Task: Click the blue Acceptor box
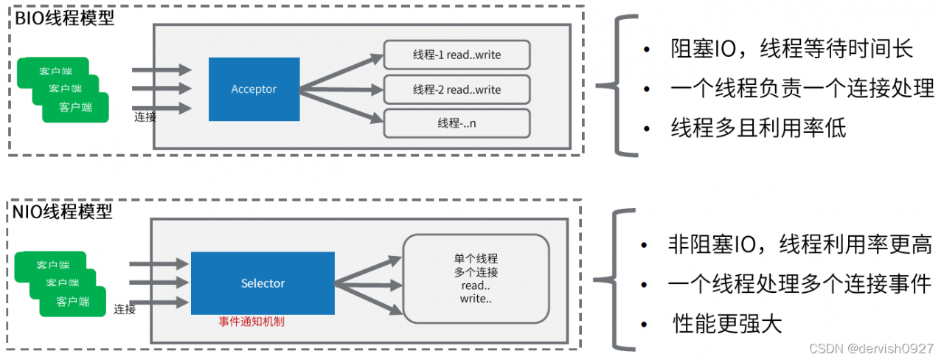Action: (x=254, y=89)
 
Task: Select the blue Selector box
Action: (x=263, y=283)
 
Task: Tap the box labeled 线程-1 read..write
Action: (x=457, y=55)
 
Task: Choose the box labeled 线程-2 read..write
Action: (x=457, y=89)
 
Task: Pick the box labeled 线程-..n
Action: (x=457, y=123)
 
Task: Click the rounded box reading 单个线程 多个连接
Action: (x=476, y=279)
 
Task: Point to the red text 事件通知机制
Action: (x=251, y=322)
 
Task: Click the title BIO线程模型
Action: (x=64, y=18)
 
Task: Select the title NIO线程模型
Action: (x=63, y=212)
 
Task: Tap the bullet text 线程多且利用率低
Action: (x=758, y=128)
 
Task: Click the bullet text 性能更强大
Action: (x=727, y=324)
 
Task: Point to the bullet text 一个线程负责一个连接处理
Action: (x=802, y=89)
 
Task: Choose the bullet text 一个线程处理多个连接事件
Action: (x=799, y=284)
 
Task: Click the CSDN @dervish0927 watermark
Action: (x=871, y=349)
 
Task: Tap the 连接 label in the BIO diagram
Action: (x=145, y=117)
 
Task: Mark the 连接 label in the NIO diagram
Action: (x=125, y=309)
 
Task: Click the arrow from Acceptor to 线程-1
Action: (x=341, y=72)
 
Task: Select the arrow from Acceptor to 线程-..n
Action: (x=341, y=106)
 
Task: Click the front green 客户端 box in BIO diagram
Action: (x=75, y=108)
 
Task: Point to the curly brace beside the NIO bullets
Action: (x=616, y=280)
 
